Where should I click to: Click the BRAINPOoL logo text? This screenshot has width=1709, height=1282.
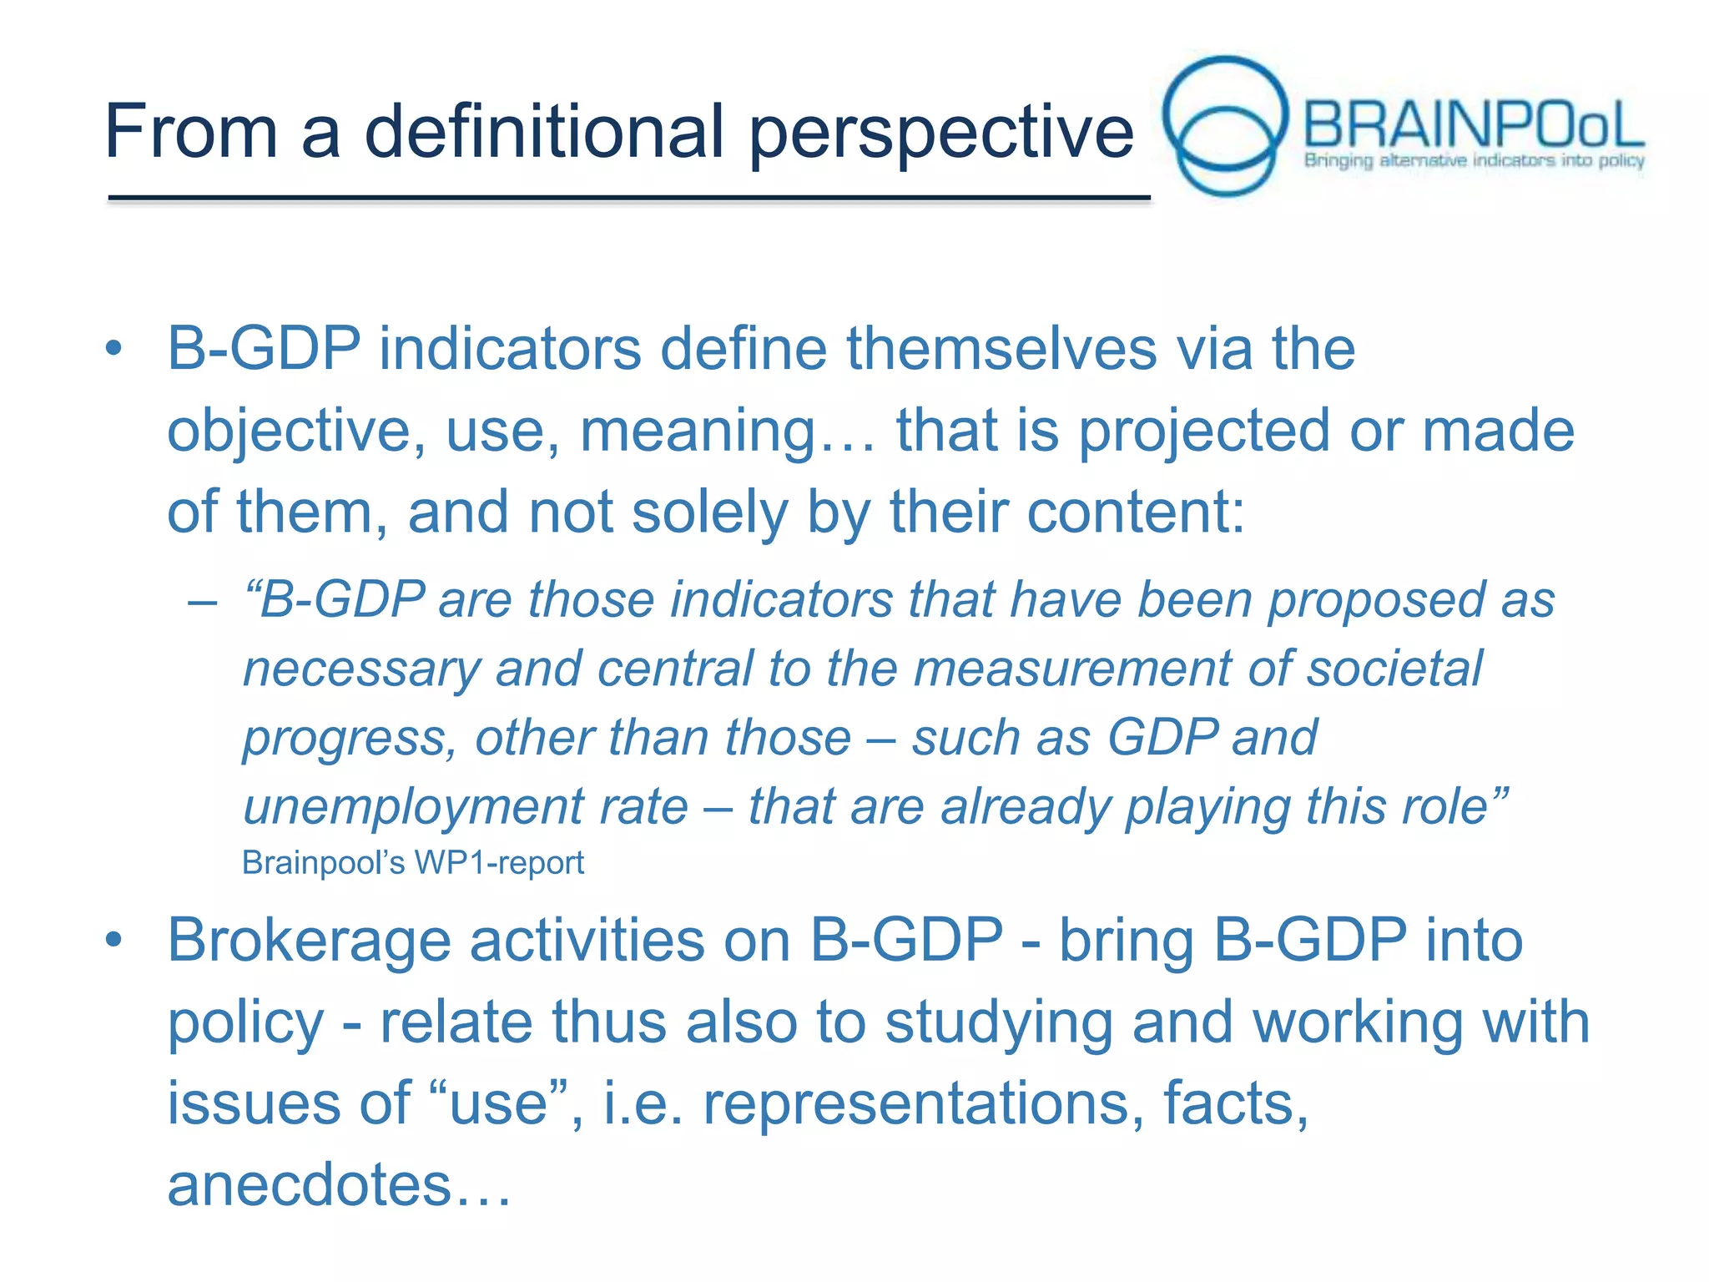pyautogui.click(x=1473, y=125)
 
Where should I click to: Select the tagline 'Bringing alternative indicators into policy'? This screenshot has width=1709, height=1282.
pyautogui.click(x=1474, y=160)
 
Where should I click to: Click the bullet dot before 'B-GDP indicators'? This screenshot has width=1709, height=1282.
pyautogui.click(x=114, y=349)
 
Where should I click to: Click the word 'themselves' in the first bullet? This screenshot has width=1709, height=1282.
pyautogui.click(x=1001, y=348)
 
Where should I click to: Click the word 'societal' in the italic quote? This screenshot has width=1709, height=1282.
pyautogui.click(x=1394, y=669)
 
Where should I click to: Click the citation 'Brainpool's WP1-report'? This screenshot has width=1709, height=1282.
pyautogui.click(x=412, y=863)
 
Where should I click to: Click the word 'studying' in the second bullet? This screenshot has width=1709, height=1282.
pyautogui.click(x=998, y=1022)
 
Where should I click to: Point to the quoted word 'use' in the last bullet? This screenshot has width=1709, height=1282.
pyautogui.click(x=498, y=1103)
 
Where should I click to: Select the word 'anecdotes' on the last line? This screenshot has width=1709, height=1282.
pyautogui.click(x=309, y=1185)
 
